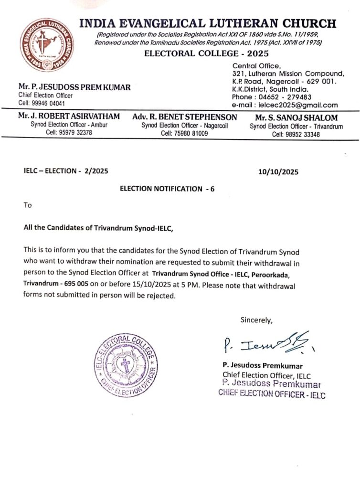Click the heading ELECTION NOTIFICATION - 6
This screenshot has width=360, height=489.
167,189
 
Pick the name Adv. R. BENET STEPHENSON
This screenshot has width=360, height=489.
185,117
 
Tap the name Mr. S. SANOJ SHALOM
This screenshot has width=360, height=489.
296,117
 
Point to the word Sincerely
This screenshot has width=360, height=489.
256,320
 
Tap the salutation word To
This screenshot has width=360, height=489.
28,205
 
